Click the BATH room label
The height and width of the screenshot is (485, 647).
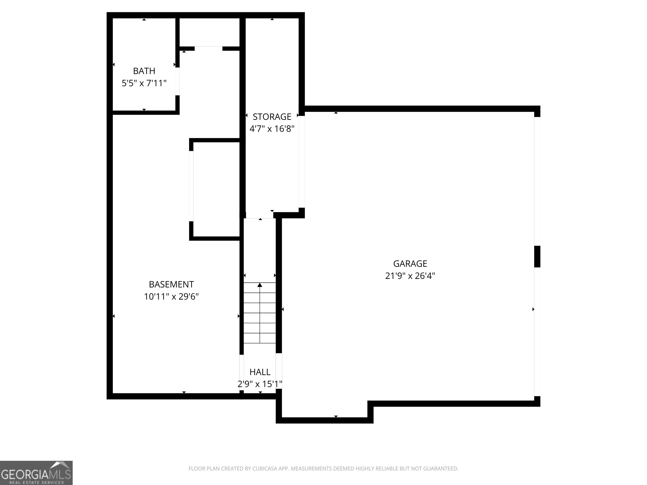pos(144,71)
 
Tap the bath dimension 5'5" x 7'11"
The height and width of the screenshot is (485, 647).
pos(144,83)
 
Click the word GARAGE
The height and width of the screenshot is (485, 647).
pos(410,264)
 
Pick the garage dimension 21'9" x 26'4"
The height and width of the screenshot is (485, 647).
pos(410,276)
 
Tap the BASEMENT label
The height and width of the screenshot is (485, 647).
pos(171,284)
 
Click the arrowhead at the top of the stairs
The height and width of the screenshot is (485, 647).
pos(260,285)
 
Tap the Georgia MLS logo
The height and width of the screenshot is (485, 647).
pos(36,473)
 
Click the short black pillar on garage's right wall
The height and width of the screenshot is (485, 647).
pos(537,256)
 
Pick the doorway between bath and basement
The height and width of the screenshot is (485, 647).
pos(177,81)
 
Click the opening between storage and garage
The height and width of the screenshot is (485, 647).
pos(302,162)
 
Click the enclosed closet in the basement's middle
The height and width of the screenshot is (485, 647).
pos(217,189)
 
